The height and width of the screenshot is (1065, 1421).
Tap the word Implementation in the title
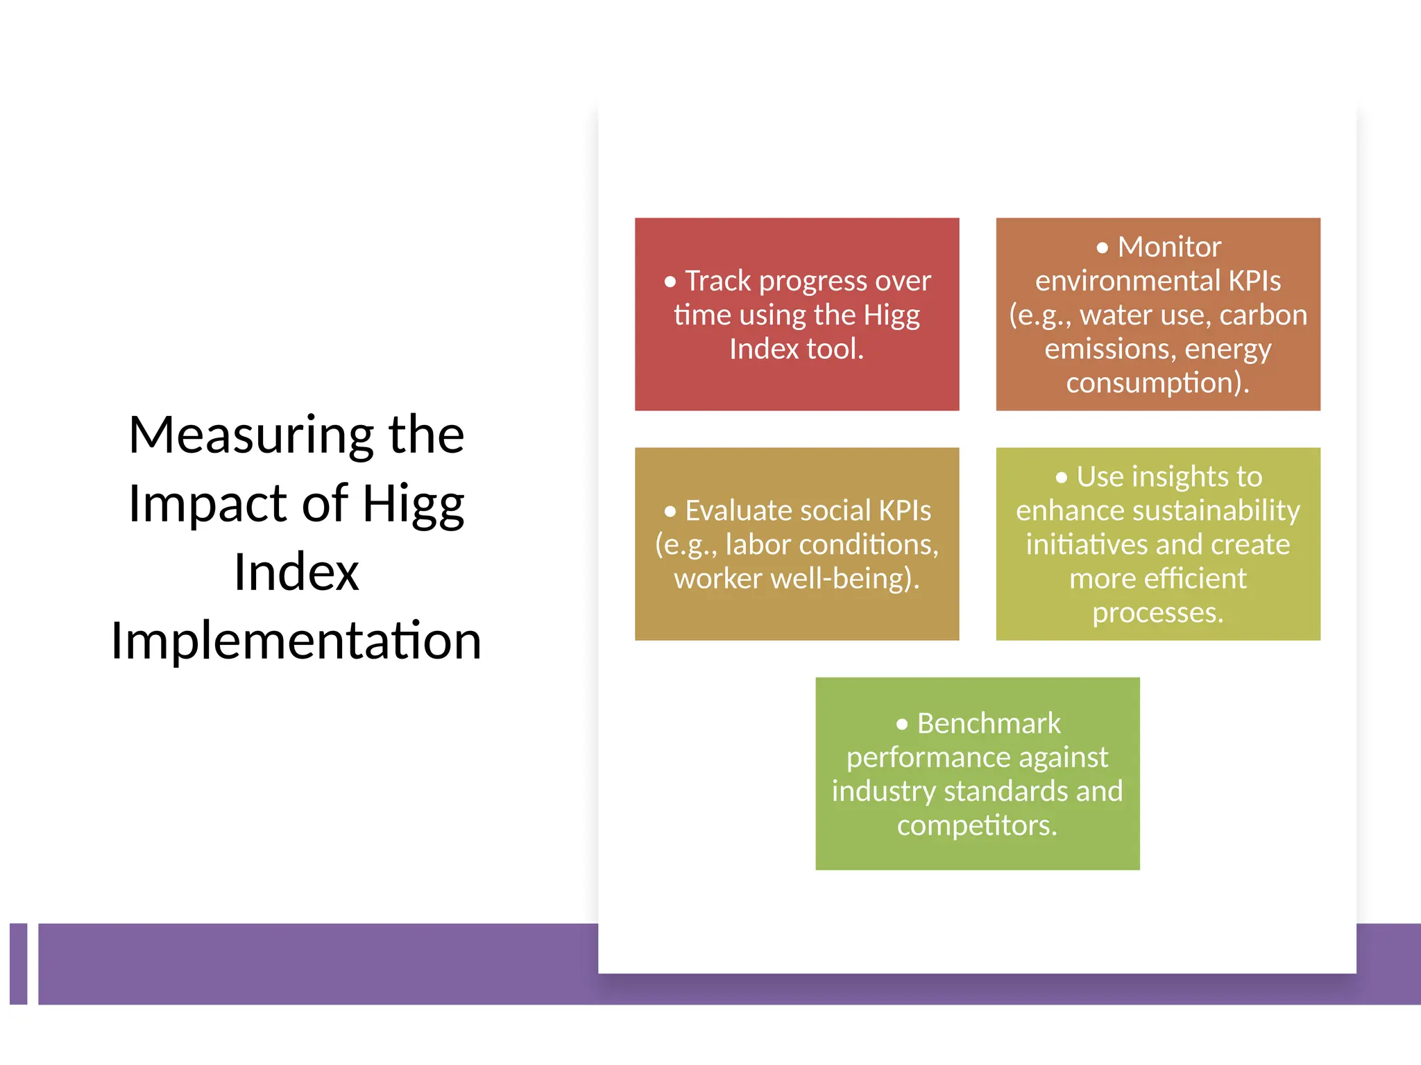pyautogui.click(x=296, y=641)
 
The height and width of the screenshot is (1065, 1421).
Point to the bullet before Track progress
pyautogui.click(x=670, y=282)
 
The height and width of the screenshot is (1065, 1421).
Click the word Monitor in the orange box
pyautogui.click(x=1169, y=247)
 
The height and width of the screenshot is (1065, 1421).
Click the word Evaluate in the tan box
pyautogui.click(x=739, y=511)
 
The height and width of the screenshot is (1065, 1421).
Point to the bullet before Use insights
pyautogui.click(x=1061, y=478)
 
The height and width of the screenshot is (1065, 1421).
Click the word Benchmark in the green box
pyautogui.click(x=989, y=724)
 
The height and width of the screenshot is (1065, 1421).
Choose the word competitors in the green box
pyautogui.click(x=976, y=826)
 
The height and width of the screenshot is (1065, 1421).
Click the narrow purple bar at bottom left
pyautogui.click(x=19, y=964)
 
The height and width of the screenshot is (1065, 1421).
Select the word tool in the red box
pyautogui.click(x=835, y=349)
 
